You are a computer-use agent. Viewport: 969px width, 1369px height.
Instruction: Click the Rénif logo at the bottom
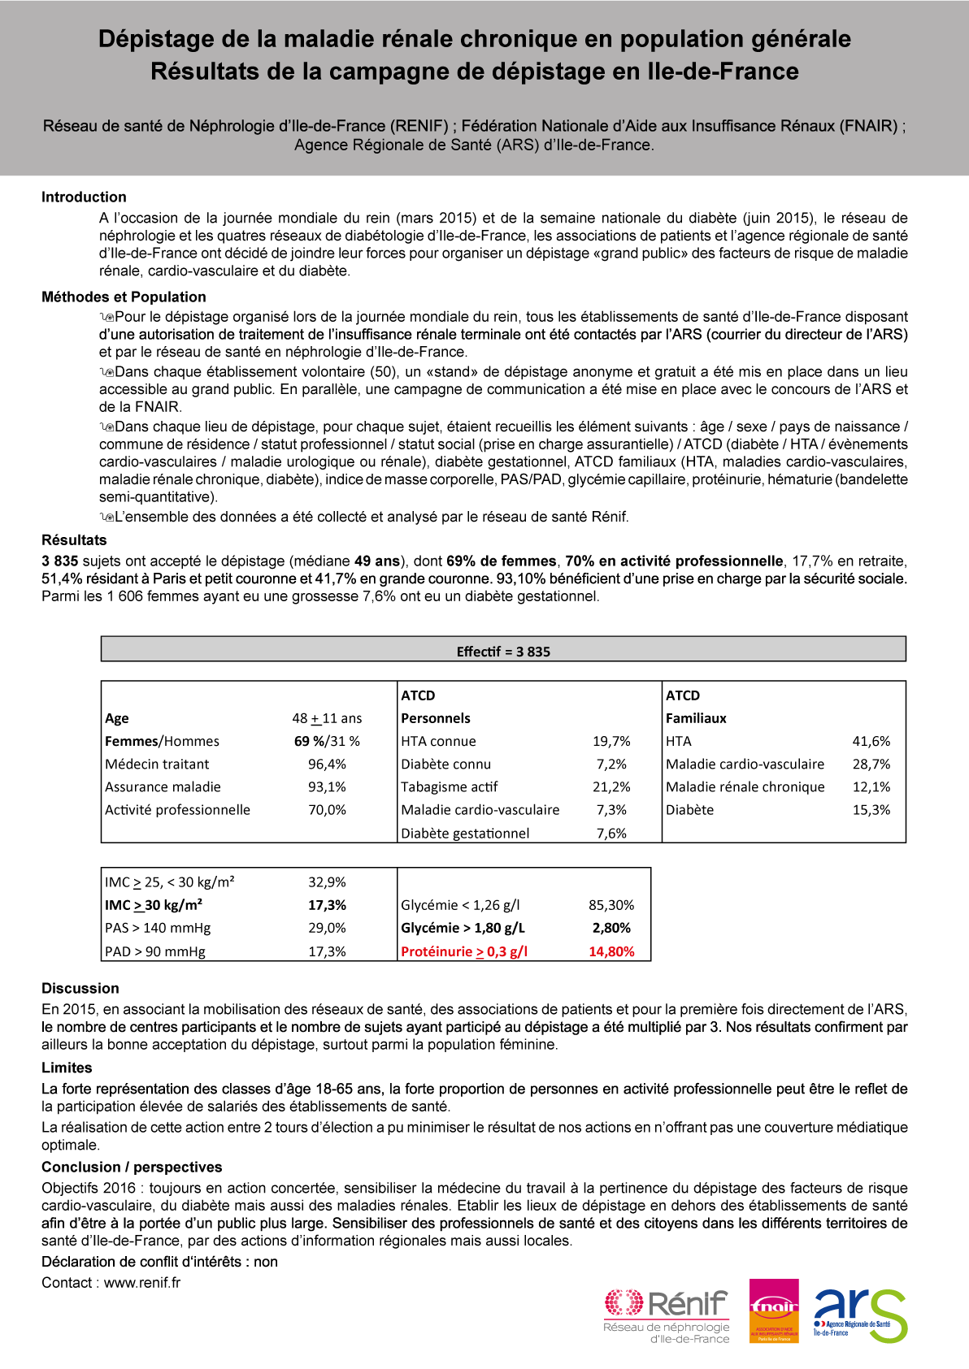[667, 1315]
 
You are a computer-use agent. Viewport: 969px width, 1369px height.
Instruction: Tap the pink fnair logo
[773, 1311]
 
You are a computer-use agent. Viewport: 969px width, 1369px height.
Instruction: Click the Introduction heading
[84, 197]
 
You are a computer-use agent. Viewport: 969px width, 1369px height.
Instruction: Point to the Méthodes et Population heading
[124, 297]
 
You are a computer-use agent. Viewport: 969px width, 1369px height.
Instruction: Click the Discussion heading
[80, 989]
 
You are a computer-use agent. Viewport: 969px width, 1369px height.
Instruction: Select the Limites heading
[67, 1068]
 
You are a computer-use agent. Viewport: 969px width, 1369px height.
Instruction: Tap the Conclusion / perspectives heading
[132, 1168]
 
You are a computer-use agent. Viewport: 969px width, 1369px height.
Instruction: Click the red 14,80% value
[611, 951]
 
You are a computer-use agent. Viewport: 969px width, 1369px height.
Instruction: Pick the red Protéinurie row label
[464, 951]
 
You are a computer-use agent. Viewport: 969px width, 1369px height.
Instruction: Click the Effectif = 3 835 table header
[503, 652]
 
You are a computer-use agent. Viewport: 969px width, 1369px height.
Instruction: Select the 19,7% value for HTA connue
[611, 741]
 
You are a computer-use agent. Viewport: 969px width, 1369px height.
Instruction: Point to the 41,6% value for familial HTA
[871, 741]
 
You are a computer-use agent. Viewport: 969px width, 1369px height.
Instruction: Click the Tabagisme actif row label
[449, 786]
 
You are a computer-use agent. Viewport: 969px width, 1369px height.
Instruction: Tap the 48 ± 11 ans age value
[327, 718]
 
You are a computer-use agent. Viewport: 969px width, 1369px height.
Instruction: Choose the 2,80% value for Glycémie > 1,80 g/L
[611, 928]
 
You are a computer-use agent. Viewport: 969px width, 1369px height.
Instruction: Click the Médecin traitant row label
[157, 764]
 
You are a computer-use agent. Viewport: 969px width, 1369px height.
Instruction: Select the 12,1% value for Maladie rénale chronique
[871, 786]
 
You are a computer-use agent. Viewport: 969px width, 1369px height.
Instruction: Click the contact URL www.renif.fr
[142, 1283]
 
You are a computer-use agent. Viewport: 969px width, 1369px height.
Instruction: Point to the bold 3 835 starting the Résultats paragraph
[60, 561]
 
